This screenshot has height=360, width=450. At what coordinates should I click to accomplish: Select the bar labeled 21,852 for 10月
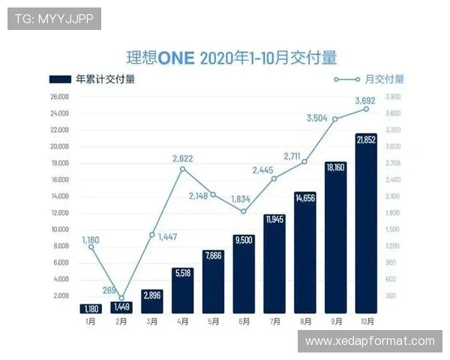365,225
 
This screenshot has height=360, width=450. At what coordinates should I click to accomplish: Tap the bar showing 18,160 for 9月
335,240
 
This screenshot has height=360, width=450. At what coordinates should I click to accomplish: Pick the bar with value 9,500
243,274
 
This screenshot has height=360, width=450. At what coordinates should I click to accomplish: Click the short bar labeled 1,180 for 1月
90,308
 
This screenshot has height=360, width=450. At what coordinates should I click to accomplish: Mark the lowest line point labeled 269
121,298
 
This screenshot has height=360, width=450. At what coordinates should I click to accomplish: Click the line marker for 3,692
366,109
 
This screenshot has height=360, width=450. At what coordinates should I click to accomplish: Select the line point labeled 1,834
243,211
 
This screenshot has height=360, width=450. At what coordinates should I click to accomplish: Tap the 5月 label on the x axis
212,321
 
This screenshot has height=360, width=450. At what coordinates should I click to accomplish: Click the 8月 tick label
304,321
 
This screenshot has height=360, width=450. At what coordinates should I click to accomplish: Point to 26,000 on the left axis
60,97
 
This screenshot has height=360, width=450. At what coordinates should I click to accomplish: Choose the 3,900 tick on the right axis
393,97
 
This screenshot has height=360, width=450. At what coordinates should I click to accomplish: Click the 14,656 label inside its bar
304,199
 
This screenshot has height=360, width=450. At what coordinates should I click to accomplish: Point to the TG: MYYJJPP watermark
54,19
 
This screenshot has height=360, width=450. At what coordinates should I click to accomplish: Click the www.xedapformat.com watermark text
370,341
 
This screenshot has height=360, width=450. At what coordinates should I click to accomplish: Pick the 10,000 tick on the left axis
60,229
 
